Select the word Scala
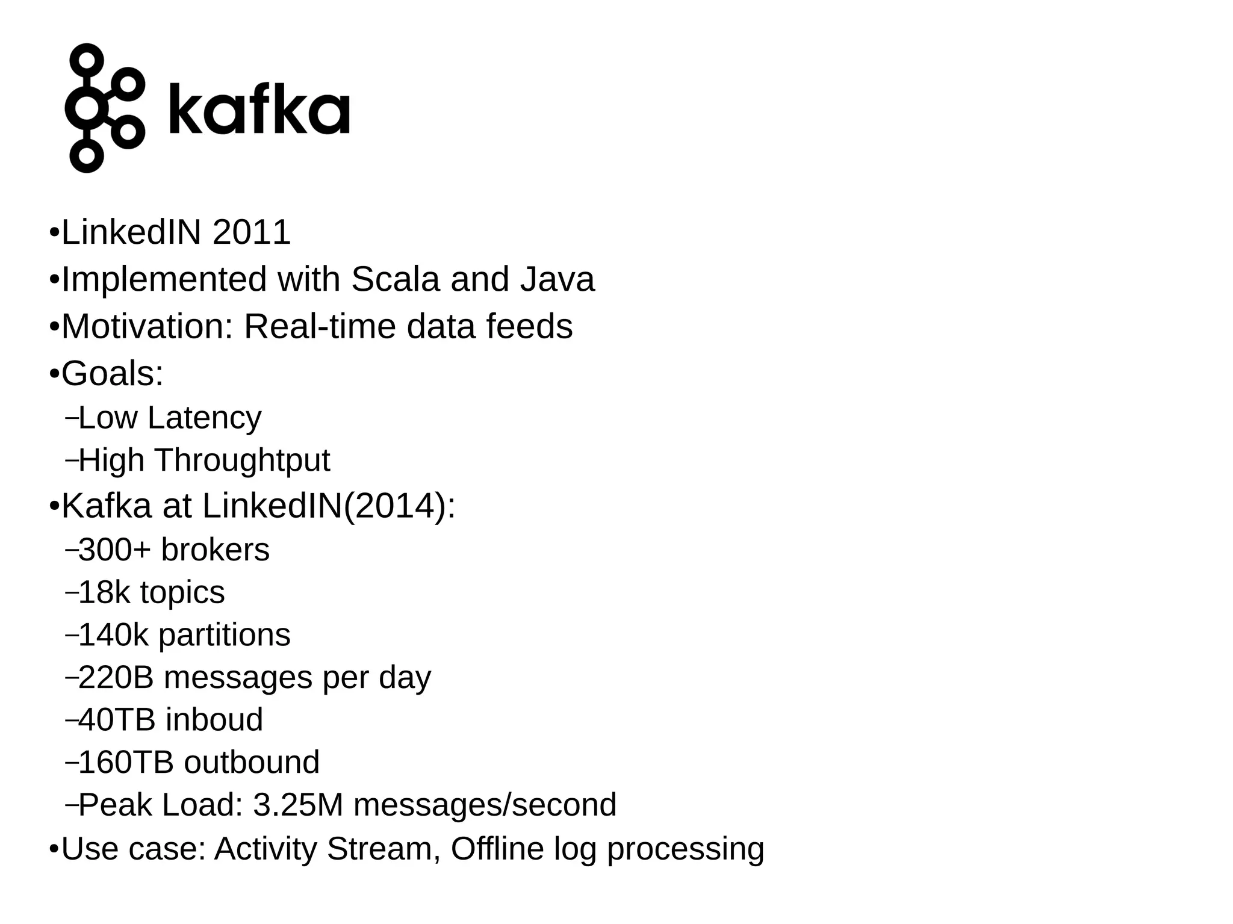tap(395, 279)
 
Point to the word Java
tap(557, 279)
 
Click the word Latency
tap(213, 418)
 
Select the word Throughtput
tap(242, 460)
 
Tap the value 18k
tap(104, 592)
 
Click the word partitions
tap(224, 635)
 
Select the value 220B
tap(116, 677)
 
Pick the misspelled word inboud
tap(214, 720)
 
